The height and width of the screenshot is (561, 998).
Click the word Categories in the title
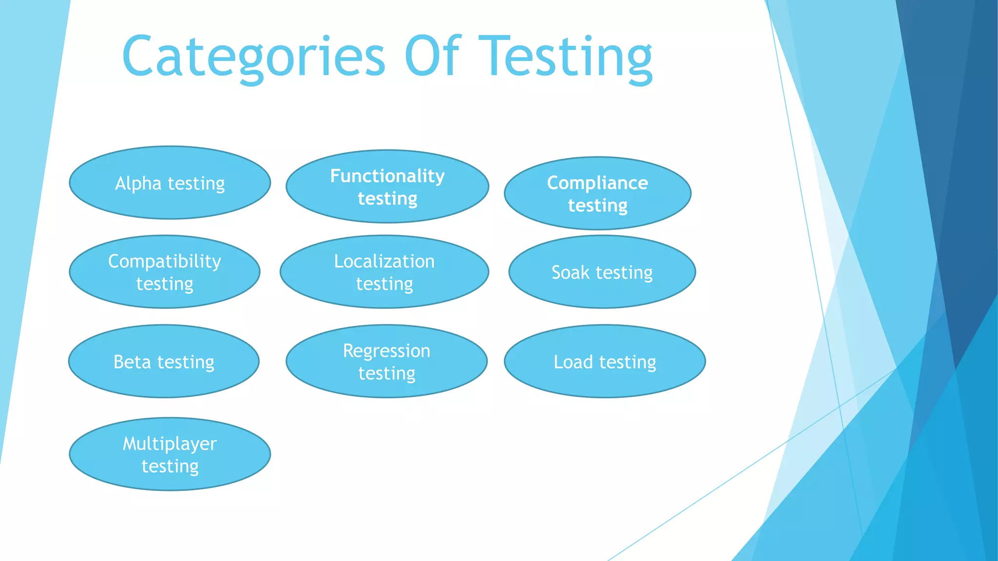[253, 57]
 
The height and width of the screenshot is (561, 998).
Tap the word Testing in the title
[565, 57]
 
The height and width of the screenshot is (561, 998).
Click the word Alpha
[138, 184]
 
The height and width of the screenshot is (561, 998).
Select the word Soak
[570, 272]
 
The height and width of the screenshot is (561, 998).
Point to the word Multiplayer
[170, 444]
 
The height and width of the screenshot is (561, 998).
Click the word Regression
[386, 351]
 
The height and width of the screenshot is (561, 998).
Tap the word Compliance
[597, 183]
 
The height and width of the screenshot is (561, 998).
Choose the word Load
[573, 362]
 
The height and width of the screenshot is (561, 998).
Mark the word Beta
[132, 362]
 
